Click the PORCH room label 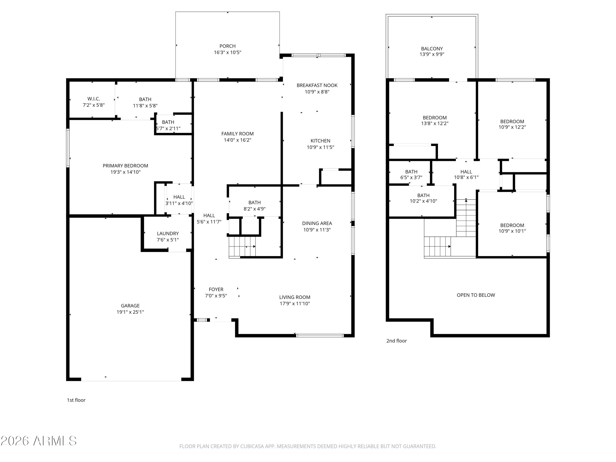(x=228, y=46)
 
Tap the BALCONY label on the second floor (x=432, y=49)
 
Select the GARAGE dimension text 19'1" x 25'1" (x=130, y=312)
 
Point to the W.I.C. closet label (x=94, y=99)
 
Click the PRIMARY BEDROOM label (x=126, y=166)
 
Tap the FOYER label (x=216, y=289)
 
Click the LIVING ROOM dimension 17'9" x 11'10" (x=295, y=303)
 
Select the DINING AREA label (x=317, y=223)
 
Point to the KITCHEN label (x=321, y=141)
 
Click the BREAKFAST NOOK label (x=317, y=85)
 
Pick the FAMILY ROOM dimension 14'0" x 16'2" (x=238, y=140)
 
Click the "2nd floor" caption (x=396, y=341)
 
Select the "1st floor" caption (x=76, y=400)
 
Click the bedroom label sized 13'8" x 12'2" (x=435, y=118)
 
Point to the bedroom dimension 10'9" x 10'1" (x=512, y=231)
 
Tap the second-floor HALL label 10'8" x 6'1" (x=466, y=172)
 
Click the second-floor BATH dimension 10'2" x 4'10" (x=424, y=201)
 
